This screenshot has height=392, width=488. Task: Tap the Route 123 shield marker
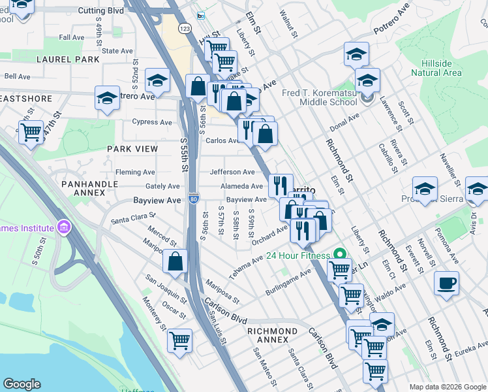coord(185,29)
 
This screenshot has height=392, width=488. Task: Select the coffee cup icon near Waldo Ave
coord(446,283)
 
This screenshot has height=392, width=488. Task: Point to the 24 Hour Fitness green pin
coord(339,255)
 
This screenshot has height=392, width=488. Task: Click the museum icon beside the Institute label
coord(63,228)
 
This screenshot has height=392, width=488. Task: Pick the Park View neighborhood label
coord(132,149)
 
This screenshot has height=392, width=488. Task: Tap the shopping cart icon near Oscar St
coord(179,340)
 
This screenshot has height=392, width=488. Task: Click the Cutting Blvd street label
coord(100,11)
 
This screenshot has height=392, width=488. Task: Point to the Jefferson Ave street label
coord(232,172)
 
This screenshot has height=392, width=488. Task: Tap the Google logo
coord(22,384)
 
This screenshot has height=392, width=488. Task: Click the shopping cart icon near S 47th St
coord(31,133)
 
